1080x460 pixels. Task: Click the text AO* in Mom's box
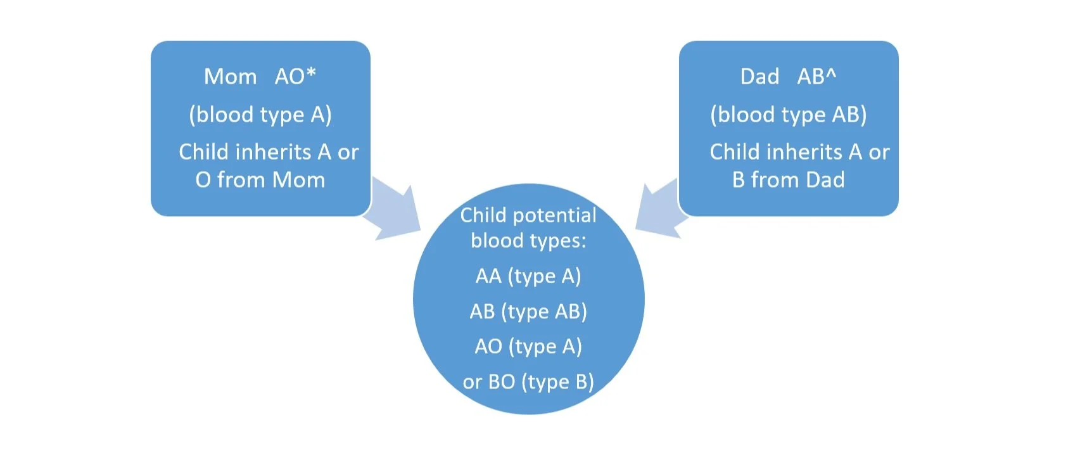coord(295,77)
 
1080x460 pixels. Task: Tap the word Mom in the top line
coord(230,77)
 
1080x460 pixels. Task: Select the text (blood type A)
coord(260,115)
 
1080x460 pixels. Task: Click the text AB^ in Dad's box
coord(816,77)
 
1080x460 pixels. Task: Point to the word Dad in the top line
coord(759,77)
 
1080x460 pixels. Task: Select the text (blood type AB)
coord(788,115)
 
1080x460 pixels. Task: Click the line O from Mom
coord(260,180)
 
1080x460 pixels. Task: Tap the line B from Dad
coord(788,180)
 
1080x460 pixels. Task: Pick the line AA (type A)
coord(528,276)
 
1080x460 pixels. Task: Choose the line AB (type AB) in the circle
coord(528,312)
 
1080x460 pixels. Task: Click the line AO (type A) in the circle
coord(528,347)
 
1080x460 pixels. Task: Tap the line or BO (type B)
coord(528,382)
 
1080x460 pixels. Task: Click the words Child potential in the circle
coord(528,215)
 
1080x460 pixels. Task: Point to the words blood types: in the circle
coord(528,241)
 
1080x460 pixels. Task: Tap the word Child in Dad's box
coord(735,152)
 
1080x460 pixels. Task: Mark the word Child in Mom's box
coord(204,152)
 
